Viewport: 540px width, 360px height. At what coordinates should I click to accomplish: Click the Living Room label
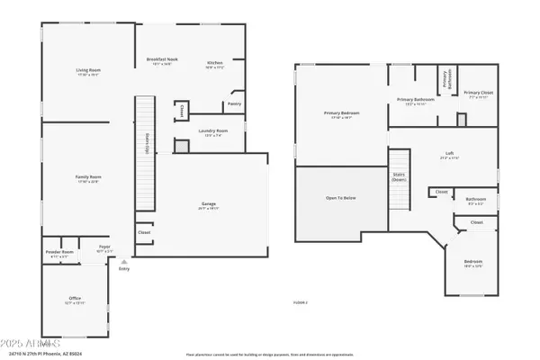[x=87, y=69]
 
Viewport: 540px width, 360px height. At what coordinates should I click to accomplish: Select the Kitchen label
[x=214, y=62]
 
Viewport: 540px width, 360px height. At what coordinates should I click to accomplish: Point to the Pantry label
[x=234, y=103]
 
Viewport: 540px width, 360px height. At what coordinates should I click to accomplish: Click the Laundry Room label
[x=213, y=130]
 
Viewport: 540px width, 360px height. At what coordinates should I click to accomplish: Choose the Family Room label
[x=87, y=178]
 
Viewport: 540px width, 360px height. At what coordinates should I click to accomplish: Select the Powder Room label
[x=60, y=252]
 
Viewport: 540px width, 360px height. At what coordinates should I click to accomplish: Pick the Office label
[x=75, y=299]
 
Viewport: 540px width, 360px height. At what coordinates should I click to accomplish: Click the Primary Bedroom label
[x=342, y=113]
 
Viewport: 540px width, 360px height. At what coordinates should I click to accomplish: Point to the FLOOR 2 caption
[x=301, y=303]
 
